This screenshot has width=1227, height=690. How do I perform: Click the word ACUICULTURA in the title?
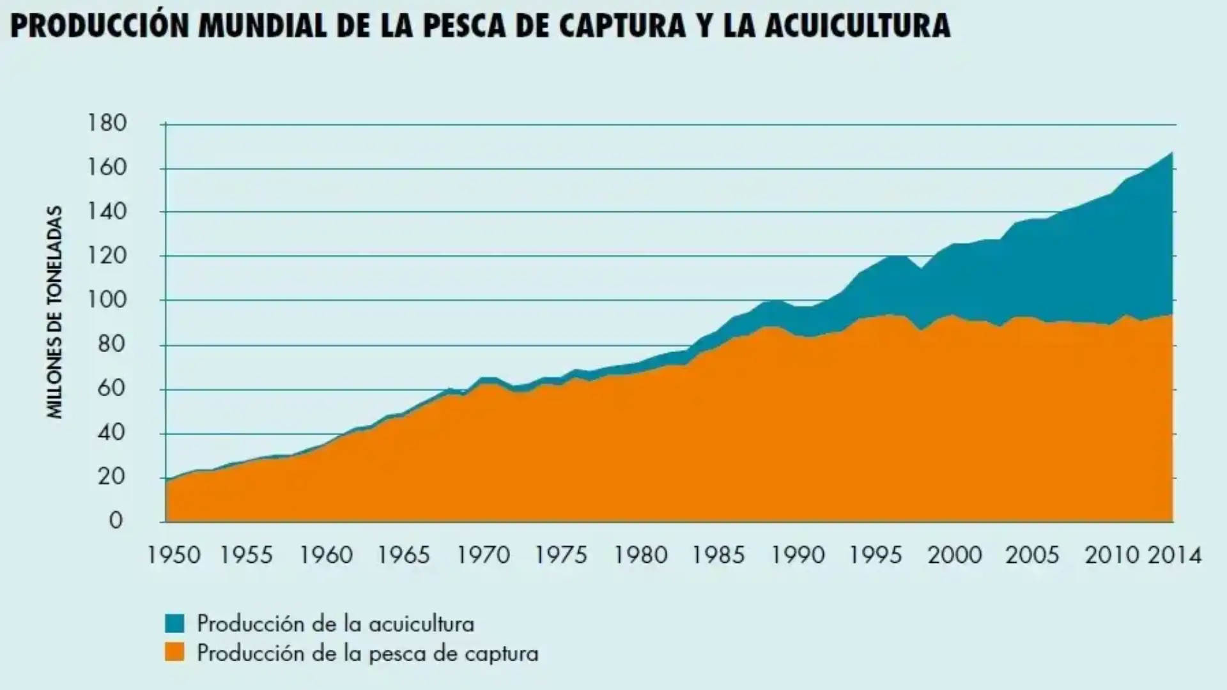tap(856, 26)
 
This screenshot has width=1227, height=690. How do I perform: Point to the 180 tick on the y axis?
tap(107, 123)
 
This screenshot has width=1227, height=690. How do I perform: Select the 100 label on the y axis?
tap(107, 300)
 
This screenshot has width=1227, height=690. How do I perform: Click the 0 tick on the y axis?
tap(116, 521)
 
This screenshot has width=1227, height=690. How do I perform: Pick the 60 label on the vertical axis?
tap(111, 388)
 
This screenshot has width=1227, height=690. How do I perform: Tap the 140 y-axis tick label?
tap(107, 211)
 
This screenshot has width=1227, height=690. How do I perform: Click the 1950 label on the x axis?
tap(174, 555)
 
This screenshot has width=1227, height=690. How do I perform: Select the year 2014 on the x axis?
tap(1175, 555)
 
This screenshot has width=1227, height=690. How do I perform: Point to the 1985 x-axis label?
tap(719, 555)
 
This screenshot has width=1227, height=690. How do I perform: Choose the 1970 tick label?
tap(484, 555)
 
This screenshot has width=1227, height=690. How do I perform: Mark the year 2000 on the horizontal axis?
tap(955, 555)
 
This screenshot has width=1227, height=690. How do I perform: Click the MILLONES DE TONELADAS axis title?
tap(56, 312)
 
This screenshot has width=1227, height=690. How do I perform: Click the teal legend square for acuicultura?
tap(174, 623)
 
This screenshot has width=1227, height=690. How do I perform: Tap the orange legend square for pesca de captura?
tap(174, 652)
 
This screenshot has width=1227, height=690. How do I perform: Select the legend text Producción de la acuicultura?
tap(336, 623)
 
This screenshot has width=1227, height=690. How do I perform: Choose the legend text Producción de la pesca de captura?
tap(367, 653)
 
